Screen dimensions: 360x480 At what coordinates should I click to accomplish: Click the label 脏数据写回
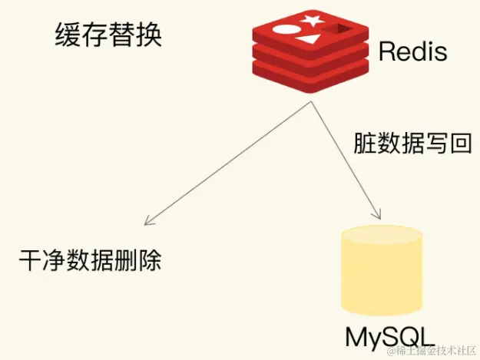tap(412, 143)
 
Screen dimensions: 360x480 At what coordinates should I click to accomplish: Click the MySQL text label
tap(387, 337)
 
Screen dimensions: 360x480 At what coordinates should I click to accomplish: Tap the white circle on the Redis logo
tap(283, 32)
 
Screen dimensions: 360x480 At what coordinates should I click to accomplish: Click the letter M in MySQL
tap(356, 337)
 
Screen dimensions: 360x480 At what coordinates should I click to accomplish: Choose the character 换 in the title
tap(150, 35)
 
